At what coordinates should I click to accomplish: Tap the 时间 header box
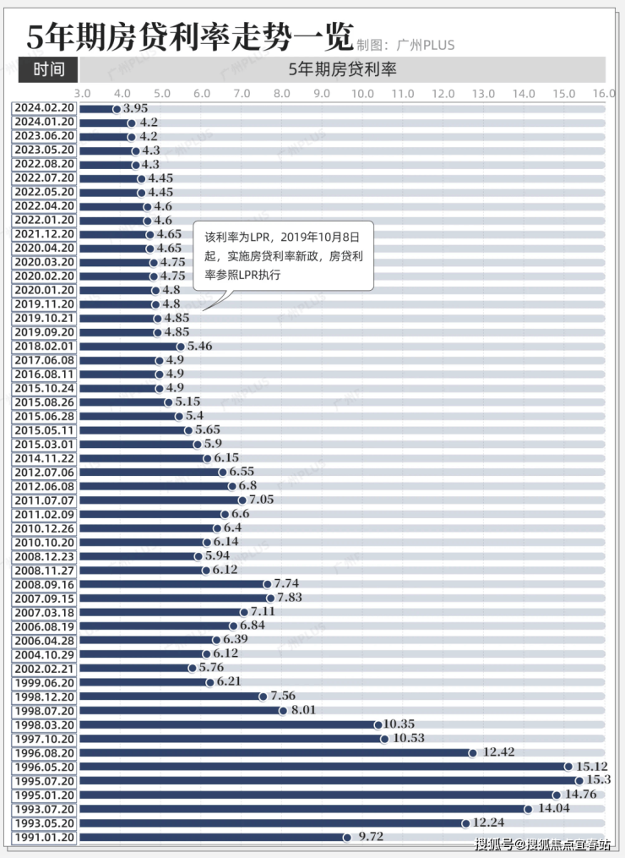click(x=48, y=69)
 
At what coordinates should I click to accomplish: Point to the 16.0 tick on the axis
click(x=603, y=93)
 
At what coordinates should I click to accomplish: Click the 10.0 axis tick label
click(x=362, y=93)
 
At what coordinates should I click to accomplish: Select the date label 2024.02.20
click(x=45, y=108)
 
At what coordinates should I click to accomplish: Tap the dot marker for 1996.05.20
click(x=569, y=767)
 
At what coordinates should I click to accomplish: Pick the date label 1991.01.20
click(x=45, y=837)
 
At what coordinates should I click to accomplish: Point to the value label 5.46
click(x=199, y=347)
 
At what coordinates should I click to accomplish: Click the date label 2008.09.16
click(x=45, y=584)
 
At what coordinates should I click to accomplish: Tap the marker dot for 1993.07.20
click(x=529, y=809)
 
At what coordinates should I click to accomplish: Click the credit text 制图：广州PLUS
click(x=405, y=45)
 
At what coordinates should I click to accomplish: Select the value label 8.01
click(x=303, y=711)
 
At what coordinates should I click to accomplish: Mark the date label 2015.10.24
click(x=45, y=388)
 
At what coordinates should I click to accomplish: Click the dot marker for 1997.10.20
click(x=384, y=739)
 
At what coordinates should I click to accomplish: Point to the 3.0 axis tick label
click(x=82, y=93)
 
